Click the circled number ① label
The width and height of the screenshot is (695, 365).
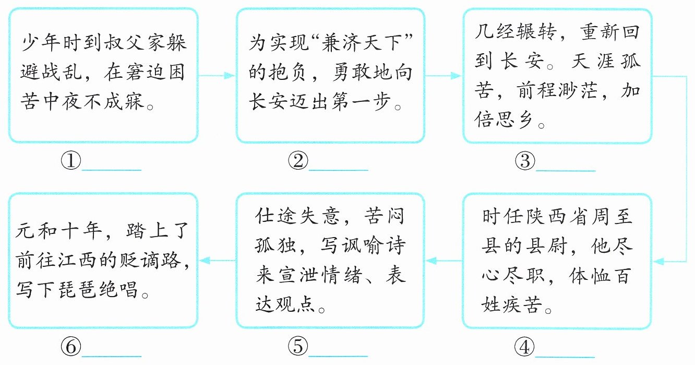point(71,161)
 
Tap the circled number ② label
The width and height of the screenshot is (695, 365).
point(298,161)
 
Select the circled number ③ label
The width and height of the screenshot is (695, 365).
point(525,161)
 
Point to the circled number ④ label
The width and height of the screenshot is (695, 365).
point(524,347)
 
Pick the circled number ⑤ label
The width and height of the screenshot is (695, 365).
point(298,346)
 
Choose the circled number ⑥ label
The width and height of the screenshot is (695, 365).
point(71,346)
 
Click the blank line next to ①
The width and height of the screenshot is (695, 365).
point(112,170)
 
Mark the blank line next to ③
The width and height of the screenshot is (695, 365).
point(566,171)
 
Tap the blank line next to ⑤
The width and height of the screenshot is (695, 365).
point(338,356)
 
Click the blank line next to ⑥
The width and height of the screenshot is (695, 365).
point(111,356)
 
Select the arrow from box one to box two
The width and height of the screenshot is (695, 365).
point(217,76)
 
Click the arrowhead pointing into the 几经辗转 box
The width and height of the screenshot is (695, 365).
point(456,76)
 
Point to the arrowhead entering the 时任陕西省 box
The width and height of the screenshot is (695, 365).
point(658,262)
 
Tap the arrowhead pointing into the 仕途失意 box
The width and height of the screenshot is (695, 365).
point(431,261)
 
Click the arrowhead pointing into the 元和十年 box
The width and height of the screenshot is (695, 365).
point(205,261)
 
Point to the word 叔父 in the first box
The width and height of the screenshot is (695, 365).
point(124,43)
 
